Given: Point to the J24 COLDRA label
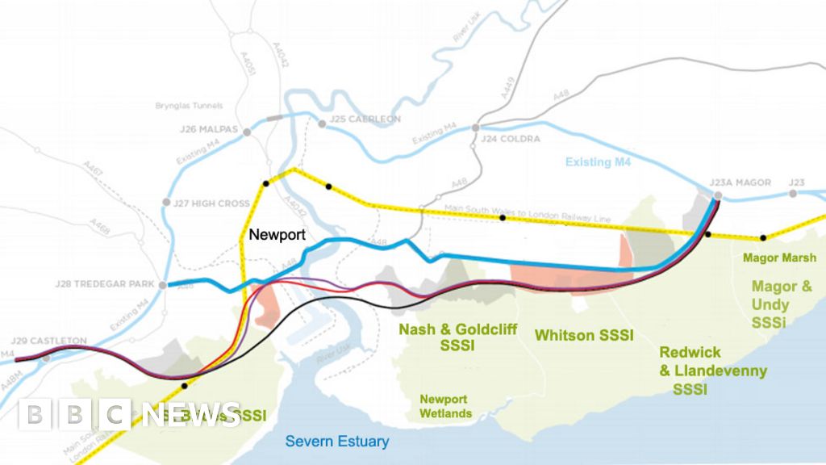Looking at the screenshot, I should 509,138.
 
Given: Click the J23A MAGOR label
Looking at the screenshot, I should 740,182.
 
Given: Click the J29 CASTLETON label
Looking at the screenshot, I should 49,341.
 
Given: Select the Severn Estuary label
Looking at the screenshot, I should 337,442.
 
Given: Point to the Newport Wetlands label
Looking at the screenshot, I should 443,406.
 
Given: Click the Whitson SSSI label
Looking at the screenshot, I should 583,334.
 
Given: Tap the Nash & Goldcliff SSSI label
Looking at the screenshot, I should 436,337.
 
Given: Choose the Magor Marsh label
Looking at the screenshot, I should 779,258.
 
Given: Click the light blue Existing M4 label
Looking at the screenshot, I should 599,161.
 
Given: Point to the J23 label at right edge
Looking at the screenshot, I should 797,182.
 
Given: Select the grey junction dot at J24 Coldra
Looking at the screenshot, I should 476,128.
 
